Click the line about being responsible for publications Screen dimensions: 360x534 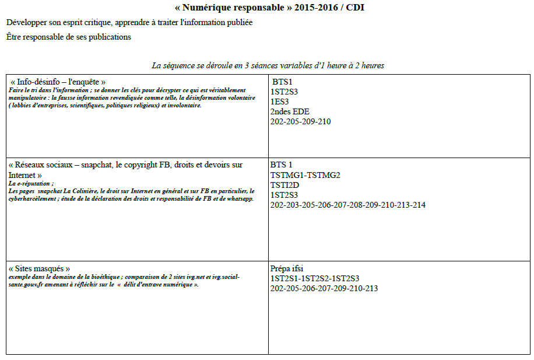coord(69,37)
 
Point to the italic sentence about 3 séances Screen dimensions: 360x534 coord(268,65)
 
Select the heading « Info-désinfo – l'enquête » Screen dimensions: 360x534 coord(58,82)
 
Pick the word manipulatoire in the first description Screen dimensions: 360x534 coord(29,99)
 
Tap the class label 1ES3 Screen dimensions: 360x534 coord(280,102)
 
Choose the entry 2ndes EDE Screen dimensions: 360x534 coord(290,111)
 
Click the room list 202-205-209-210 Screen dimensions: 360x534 coord(300,121)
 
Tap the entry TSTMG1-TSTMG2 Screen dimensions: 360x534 coord(305,175)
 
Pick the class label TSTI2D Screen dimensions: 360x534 coord(284,185)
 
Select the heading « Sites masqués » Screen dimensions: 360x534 coord(40,269)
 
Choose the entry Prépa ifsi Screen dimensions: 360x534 coord(287,269)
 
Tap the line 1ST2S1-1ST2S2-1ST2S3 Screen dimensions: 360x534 coord(315,279)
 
